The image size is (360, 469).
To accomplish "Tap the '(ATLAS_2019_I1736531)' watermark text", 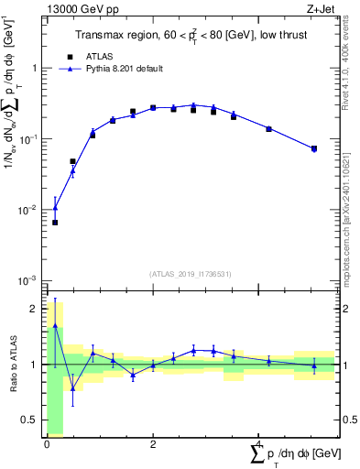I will click(191, 274).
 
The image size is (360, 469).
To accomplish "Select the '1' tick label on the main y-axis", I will click(34, 68).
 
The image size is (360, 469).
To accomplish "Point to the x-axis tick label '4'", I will click(259, 444).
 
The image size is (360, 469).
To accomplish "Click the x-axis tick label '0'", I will click(47, 444).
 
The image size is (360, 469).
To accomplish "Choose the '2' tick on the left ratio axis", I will click(36, 309).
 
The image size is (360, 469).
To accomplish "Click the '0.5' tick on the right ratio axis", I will click(348, 420).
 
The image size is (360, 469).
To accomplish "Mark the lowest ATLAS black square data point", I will click(55, 223).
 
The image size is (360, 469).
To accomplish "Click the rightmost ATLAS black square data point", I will click(314, 148).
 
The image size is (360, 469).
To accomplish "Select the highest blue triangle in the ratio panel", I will click(55, 325).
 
